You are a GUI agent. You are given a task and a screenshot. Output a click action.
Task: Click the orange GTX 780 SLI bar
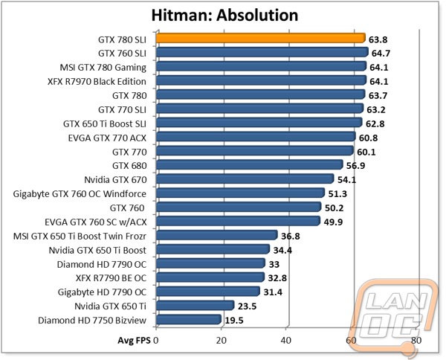pyautogui.click(x=261, y=38)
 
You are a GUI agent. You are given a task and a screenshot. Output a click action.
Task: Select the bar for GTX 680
pyautogui.click(x=250, y=165)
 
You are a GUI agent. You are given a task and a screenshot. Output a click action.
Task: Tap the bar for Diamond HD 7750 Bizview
pyautogui.click(x=189, y=319)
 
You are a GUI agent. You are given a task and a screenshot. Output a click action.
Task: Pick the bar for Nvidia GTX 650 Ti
pyautogui.click(x=195, y=306)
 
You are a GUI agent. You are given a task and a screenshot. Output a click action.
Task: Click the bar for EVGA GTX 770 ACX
pyautogui.click(x=256, y=137)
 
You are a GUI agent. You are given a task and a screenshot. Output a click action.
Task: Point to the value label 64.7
pyautogui.click(x=380, y=54)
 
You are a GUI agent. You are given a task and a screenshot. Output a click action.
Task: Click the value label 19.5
pyautogui.click(x=234, y=321)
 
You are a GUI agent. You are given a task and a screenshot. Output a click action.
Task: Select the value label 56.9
pyautogui.click(x=355, y=166)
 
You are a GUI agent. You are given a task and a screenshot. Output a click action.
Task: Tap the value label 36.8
pyautogui.click(x=291, y=237)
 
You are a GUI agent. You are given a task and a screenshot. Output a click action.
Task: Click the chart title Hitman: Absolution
pyautogui.click(x=224, y=16)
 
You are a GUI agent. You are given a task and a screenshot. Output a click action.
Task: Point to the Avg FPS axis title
pyautogui.click(x=134, y=341)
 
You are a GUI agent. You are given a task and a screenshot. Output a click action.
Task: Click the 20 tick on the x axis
pyautogui.click(x=221, y=341)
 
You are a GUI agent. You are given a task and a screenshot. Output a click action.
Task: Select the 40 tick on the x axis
pyautogui.click(x=286, y=341)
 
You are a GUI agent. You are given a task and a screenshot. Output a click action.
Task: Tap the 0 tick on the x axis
pyautogui.click(x=155, y=341)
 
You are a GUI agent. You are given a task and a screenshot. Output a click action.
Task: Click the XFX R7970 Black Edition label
pyautogui.click(x=97, y=82)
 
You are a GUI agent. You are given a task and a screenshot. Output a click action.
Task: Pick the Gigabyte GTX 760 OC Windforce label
pyautogui.click(x=80, y=194)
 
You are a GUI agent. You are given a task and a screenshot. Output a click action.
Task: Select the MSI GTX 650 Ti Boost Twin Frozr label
pyautogui.click(x=80, y=237)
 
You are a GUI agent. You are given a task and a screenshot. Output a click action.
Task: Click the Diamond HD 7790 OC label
pyautogui.click(x=102, y=264)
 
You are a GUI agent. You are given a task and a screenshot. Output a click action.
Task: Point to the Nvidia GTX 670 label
pyautogui.click(x=115, y=180)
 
